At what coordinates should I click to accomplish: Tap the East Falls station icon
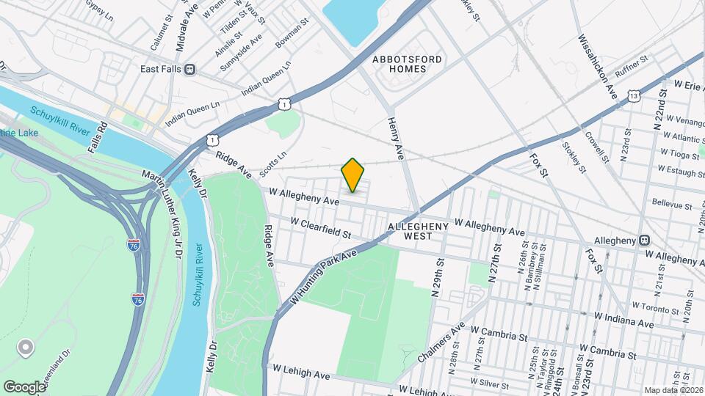pos(190,69)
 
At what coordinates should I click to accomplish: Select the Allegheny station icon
pos(644,240)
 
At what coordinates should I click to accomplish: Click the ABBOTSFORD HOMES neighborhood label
pos(399,63)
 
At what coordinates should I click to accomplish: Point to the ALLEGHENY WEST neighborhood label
pos(417,232)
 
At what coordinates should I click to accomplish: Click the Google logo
pos(24,386)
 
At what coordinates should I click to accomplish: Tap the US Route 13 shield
pos(634,96)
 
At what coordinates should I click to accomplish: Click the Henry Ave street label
pos(397,136)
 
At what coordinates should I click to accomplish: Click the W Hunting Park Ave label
pos(322,276)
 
